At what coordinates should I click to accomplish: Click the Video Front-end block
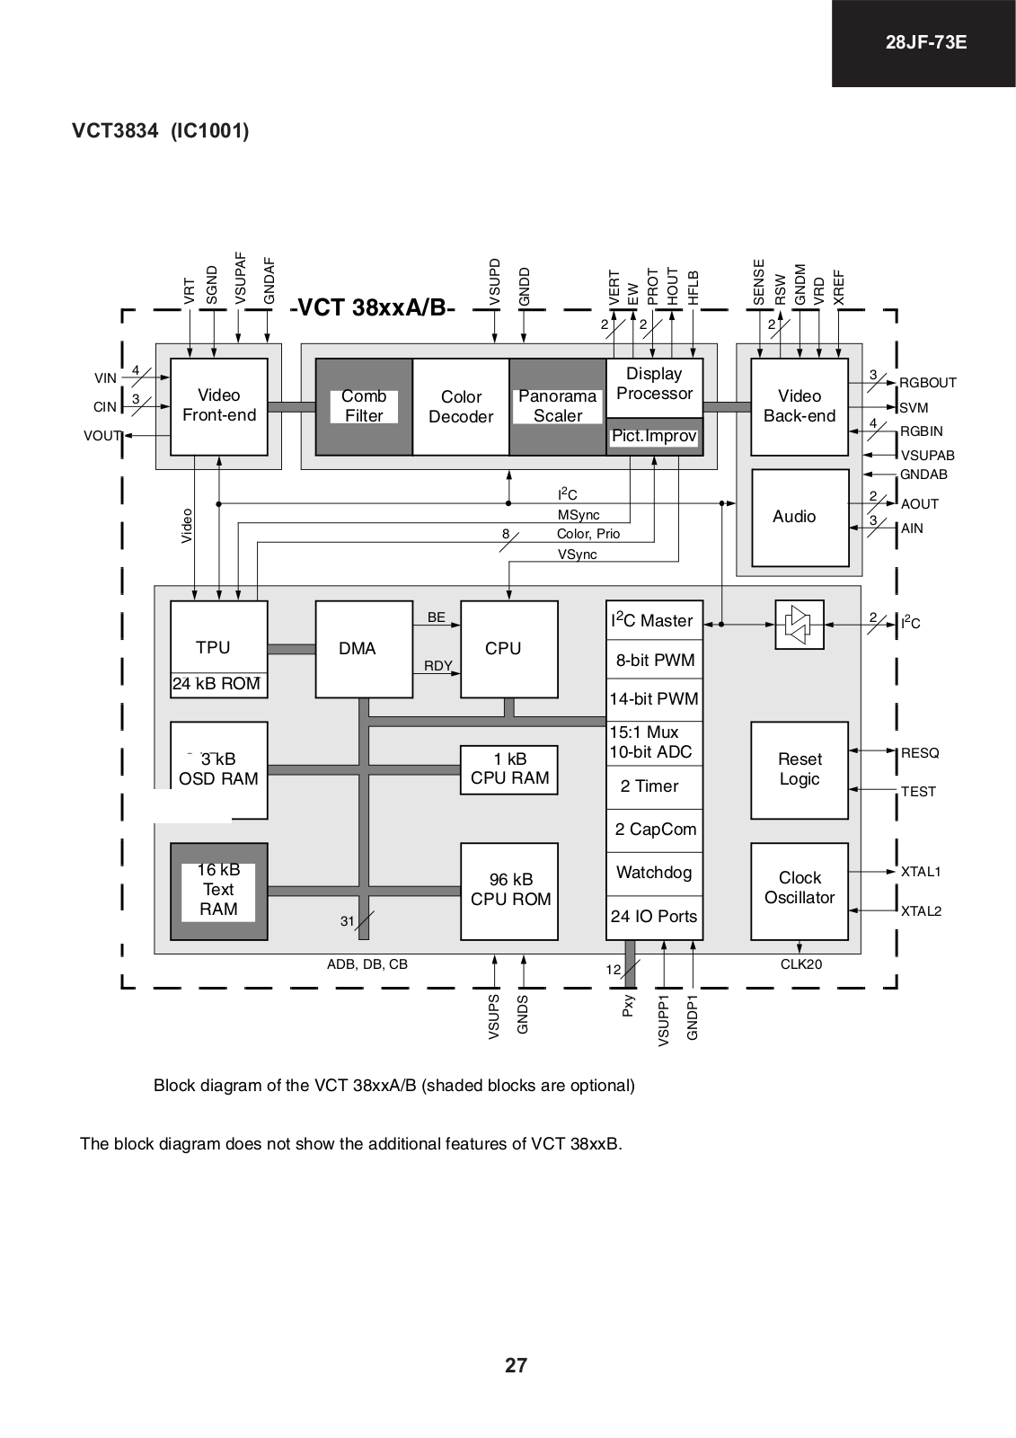click(219, 406)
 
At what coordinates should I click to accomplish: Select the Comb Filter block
click(364, 406)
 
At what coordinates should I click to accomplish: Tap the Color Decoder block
click(461, 406)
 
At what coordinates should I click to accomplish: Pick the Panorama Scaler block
click(558, 406)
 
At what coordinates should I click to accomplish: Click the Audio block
click(800, 518)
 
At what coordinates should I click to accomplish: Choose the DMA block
click(364, 649)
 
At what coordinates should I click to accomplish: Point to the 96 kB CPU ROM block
click(509, 891)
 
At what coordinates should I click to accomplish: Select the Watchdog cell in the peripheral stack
click(655, 873)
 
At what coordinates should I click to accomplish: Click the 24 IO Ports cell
click(655, 918)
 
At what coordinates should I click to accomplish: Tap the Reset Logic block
click(800, 770)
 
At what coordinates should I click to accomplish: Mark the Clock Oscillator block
click(800, 891)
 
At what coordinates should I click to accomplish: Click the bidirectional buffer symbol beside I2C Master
click(800, 625)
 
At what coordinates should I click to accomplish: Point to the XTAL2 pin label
click(921, 911)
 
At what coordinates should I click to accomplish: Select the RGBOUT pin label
click(927, 383)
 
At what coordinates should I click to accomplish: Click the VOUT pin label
click(102, 436)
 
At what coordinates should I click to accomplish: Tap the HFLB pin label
click(693, 288)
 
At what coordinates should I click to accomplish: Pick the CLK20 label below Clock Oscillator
click(801, 964)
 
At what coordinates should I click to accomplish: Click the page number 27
click(516, 1365)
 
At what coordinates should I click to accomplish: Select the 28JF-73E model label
click(925, 42)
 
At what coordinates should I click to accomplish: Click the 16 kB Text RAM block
click(219, 891)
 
